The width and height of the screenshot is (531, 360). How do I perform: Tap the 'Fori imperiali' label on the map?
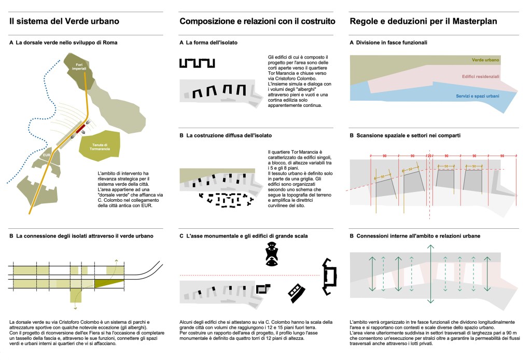79,68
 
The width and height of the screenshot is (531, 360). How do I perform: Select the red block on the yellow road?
80,129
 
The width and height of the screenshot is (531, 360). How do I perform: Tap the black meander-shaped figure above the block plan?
198,63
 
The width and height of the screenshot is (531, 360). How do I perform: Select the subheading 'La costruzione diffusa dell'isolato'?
229,135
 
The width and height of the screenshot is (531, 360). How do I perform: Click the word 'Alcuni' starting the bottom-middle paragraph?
187,323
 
